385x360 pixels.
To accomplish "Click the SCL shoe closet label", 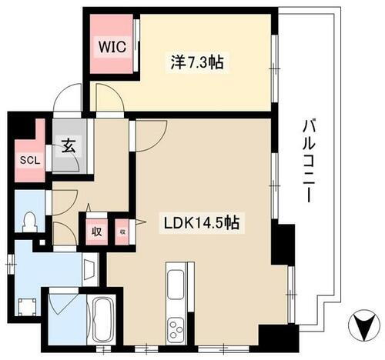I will click(x=28, y=162).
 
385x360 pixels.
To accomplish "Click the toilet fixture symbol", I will click(x=29, y=221).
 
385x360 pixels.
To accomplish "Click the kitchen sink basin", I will click(x=175, y=282).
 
